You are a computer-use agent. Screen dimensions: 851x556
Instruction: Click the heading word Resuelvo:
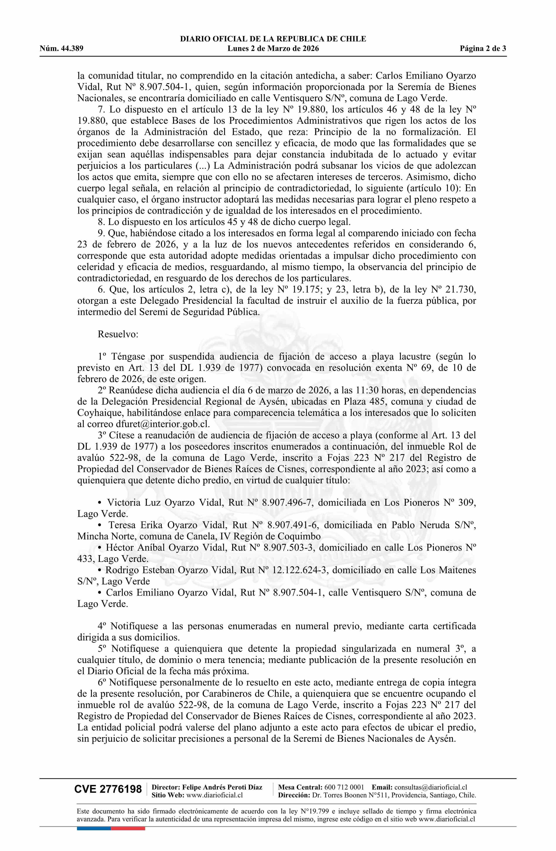pyautogui.click(x=118, y=334)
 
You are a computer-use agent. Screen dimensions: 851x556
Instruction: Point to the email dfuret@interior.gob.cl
pyautogui.click(x=163, y=424)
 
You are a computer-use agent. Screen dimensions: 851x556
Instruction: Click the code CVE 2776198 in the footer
pyautogui.click(x=108, y=789)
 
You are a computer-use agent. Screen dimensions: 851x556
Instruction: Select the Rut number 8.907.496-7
pyautogui.click(x=288, y=502)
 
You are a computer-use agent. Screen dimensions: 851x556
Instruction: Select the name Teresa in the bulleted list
pyautogui.click(x=121, y=525)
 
